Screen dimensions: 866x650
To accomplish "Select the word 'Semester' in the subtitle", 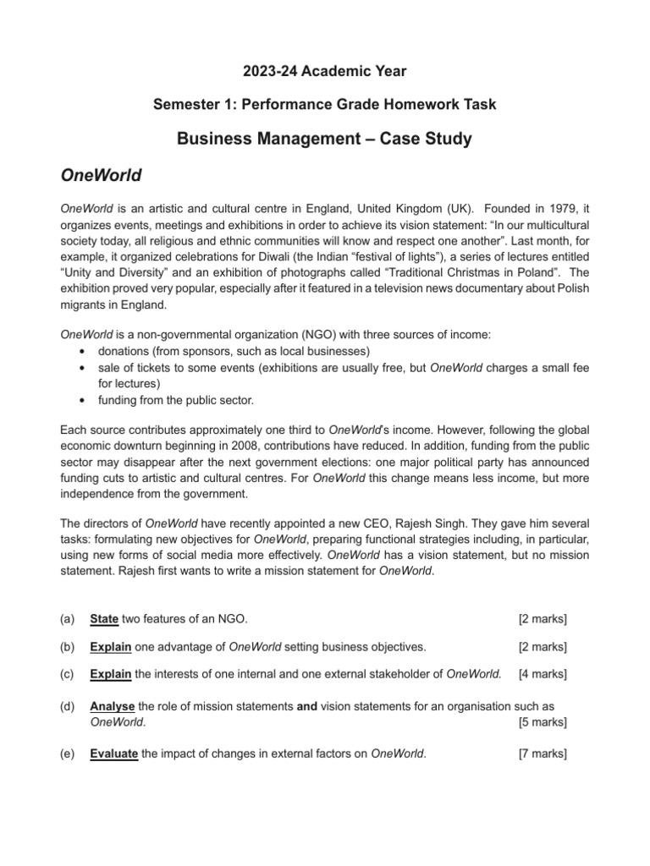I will click(183, 104).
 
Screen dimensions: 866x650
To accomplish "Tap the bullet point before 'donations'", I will click(80, 351).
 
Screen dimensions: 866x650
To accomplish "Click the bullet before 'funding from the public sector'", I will click(80, 400).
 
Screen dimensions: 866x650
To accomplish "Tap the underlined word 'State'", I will click(104, 619).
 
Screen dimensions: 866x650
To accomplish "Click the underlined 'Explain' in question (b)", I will click(110, 647).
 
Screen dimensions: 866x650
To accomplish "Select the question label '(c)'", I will click(68, 674).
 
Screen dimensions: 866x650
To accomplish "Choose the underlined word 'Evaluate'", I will click(113, 754).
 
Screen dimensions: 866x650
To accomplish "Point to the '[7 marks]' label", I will click(542, 754).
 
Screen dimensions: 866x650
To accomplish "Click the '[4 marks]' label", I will click(542, 674).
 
